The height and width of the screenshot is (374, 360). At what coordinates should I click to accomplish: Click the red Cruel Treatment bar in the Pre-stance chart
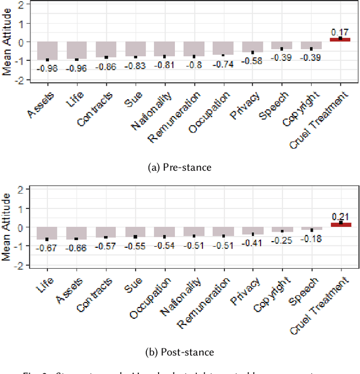click(340, 39)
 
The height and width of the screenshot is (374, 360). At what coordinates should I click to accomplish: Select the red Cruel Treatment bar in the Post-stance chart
click(340, 225)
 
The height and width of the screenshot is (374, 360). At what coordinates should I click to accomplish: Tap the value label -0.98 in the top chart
click(47, 69)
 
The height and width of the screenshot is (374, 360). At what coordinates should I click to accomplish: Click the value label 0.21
click(340, 217)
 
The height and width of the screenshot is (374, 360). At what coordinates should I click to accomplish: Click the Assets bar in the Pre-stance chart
click(47, 51)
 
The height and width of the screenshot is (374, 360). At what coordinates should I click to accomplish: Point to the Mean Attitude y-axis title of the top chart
click(7, 42)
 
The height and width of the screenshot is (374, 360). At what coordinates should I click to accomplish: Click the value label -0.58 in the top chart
click(253, 61)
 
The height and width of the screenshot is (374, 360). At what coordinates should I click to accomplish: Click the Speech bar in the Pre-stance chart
click(282, 46)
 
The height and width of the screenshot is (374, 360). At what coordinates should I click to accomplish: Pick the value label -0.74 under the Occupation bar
click(223, 64)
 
